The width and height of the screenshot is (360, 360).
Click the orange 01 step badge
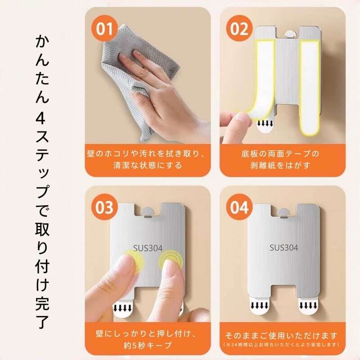[x=105, y=29]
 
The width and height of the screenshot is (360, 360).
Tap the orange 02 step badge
[x=239, y=28]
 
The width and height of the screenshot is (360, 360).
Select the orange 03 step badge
[x=105, y=208]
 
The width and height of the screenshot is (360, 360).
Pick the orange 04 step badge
[x=239, y=207]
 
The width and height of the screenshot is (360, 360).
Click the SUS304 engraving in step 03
[x=148, y=248]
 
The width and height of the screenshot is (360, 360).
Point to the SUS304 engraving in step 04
[x=284, y=248]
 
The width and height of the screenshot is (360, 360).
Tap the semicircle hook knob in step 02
[x=290, y=33]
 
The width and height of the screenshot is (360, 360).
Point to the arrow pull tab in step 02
[x=265, y=126]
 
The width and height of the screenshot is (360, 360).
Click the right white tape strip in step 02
[x=309, y=88]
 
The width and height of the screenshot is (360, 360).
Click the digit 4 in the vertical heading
[x=42, y=119]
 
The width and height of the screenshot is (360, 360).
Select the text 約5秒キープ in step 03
[x=148, y=346]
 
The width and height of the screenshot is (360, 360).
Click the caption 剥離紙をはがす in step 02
[x=280, y=165]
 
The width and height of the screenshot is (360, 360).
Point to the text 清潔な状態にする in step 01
[x=148, y=165]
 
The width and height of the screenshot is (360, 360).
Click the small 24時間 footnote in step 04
[x=282, y=345]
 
